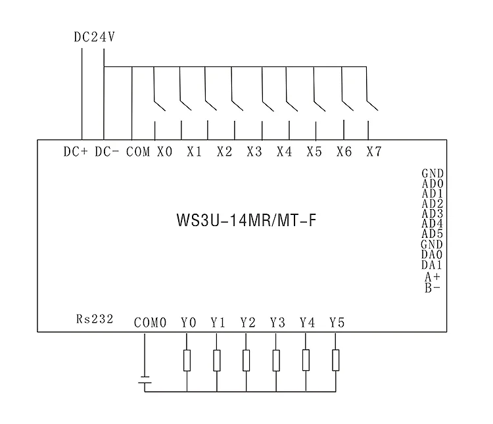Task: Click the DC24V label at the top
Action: point(94,37)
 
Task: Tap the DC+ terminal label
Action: point(76,152)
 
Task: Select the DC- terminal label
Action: point(107,152)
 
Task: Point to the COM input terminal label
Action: point(138,152)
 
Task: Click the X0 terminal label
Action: point(165,152)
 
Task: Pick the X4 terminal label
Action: point(284,152)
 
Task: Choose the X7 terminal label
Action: point(374,152)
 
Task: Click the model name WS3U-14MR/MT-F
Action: point(246,220)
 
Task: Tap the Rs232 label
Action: point(95,319)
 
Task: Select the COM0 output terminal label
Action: point(150,322)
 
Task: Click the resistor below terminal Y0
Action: point(187,360)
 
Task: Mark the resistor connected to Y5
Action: point(336,360)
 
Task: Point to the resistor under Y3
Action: point(276,360)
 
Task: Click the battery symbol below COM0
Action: point(145,380)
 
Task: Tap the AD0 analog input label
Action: point(433,183)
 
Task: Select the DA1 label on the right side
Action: point(432,265)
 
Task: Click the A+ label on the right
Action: point(433,277)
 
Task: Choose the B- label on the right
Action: point(433,287)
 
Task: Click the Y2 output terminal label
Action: point(248,322)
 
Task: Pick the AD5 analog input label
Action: point(433,234)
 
